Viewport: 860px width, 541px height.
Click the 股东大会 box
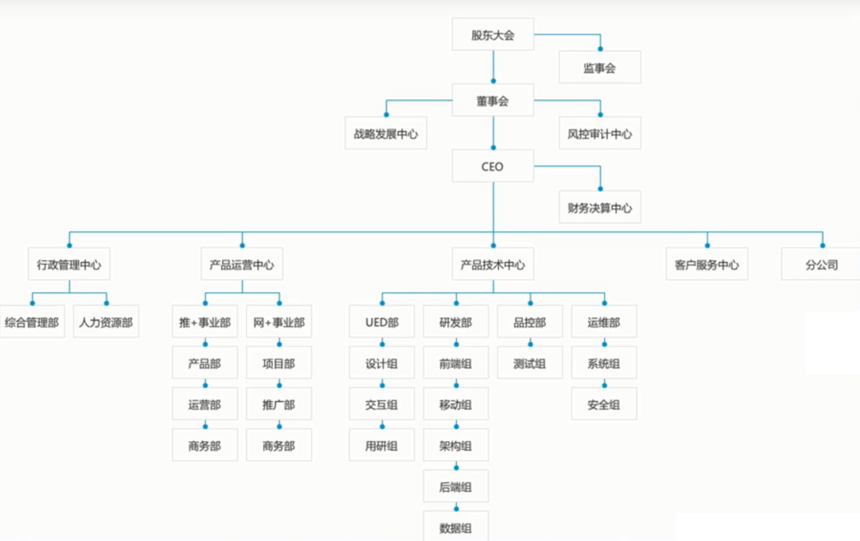[493, 35]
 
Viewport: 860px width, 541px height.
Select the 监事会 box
[600, 67]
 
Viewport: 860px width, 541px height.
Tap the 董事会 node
[493, 101]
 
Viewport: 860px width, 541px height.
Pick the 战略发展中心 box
[386, 134]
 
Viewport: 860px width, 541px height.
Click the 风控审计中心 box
[600, 134]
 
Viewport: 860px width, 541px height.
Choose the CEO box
[493, 167]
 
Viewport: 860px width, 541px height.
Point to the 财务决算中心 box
[600, 207]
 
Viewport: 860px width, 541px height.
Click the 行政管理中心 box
[69, 264]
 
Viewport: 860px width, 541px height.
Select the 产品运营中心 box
[242, 264]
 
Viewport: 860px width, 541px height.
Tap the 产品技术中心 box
[493, 264]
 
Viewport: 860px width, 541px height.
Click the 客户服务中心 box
[707, 264]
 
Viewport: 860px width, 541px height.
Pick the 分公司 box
[821, 264]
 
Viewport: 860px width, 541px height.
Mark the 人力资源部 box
[106, 322]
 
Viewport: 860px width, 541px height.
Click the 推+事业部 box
[205, 322]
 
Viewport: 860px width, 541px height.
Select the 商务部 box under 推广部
[279, 446]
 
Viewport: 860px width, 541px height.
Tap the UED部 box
[382, 322]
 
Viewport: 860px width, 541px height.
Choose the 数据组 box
[456, 527]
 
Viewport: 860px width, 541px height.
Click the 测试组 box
[530, 363]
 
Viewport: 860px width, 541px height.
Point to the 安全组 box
[603, 404]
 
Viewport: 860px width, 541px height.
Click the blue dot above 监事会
[600, 48]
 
